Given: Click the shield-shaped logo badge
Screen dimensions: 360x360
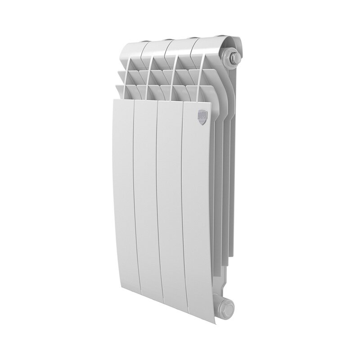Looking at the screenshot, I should pos(202,117).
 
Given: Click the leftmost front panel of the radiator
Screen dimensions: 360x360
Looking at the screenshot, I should pos(122,202).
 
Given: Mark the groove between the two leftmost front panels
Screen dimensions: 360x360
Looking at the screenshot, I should pos(134,202).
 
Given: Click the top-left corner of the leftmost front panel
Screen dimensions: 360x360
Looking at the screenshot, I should pos(112,100).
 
